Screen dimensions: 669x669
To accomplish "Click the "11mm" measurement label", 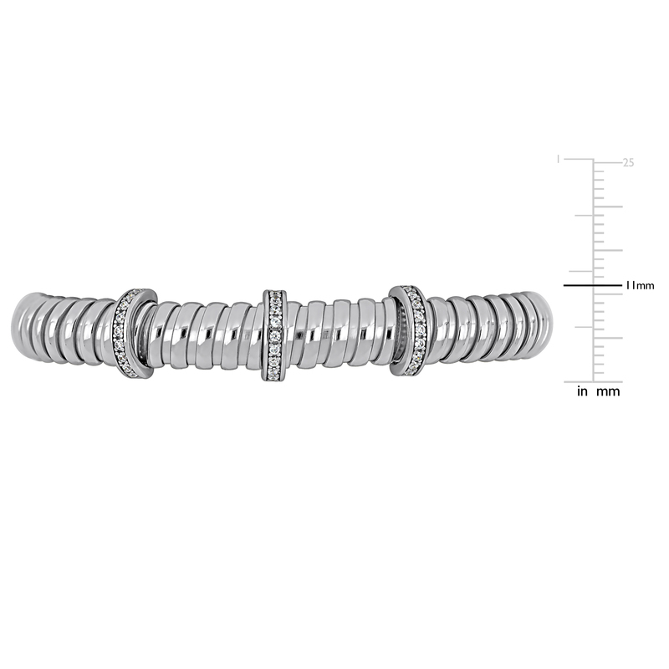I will coord(640,286).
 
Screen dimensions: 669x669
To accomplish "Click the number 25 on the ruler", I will coord(628,162).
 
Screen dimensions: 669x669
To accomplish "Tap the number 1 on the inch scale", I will coord(559,158).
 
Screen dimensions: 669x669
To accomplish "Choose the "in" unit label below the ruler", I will coord(583,391).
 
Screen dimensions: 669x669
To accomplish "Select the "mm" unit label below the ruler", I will coord(609,391).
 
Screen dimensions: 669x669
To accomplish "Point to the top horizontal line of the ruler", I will coord(595,160).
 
